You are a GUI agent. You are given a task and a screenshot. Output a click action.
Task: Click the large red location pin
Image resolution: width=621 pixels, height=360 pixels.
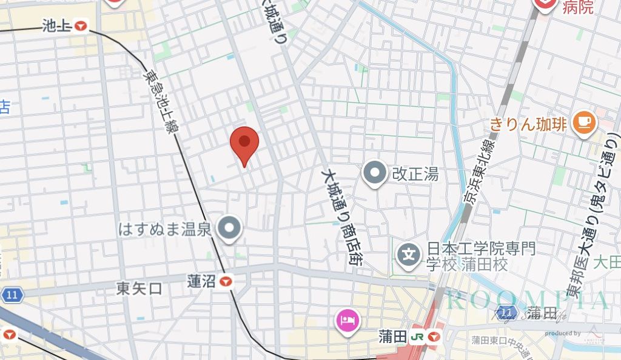click(244, 144)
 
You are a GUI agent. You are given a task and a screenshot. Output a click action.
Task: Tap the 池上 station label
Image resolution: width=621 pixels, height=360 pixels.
click(58, 25)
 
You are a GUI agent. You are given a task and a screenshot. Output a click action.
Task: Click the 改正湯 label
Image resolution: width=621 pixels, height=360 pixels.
click(415, 175)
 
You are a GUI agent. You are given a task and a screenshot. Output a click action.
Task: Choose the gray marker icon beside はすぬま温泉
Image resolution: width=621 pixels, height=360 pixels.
click(230, 228)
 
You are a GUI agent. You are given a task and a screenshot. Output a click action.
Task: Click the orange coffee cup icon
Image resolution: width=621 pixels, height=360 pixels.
click(585, 124)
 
